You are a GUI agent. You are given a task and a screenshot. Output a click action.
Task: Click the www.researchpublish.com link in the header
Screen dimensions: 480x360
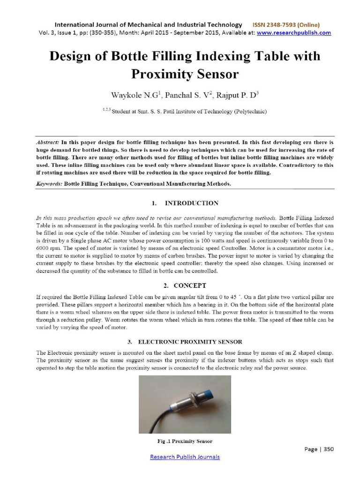[294, 33]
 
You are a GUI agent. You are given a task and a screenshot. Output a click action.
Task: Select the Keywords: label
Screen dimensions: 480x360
[49, 184]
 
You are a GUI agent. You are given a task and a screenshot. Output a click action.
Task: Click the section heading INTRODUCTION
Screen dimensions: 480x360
[192, 203]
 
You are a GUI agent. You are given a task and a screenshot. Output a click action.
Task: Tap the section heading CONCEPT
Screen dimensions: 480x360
[190, 285]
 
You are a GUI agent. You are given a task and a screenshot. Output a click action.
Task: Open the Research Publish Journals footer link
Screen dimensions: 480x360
[185, 457]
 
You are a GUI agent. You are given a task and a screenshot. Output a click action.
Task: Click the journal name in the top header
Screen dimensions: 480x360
[149, 24]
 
